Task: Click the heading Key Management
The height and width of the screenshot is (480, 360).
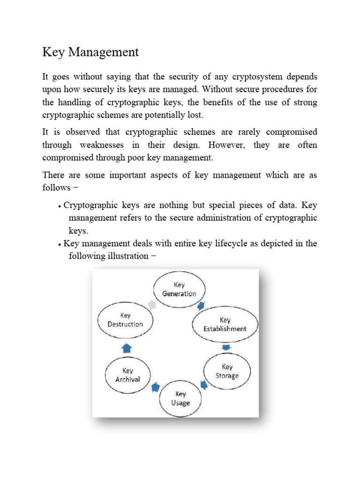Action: pos(90,52)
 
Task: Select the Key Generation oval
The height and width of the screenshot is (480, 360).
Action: pos(179,289)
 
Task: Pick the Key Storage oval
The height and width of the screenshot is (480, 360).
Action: pos(227,371)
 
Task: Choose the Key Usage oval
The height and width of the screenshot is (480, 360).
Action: pos(180,398)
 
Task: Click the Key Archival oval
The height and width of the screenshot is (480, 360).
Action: pos(127,375)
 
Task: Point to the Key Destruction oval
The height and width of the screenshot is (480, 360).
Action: pos(125,320)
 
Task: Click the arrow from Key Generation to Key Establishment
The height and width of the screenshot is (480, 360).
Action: pos(201,306)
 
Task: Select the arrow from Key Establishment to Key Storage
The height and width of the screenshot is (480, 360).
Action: pos(226,347)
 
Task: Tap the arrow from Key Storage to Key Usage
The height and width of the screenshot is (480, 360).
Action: pos(204,385)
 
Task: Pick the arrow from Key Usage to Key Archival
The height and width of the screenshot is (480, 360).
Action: pos(154,387)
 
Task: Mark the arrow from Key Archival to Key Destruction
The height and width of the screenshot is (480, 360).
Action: pos(127,348)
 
